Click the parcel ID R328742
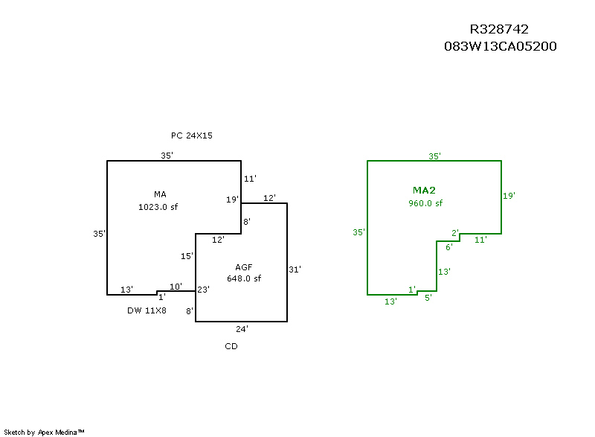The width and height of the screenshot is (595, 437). (499, 29)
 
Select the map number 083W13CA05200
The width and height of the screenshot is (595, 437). (500, 46)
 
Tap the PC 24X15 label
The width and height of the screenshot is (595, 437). (192, 135)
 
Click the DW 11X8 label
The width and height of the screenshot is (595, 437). (147, 310)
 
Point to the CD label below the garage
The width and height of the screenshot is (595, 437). (231, 346)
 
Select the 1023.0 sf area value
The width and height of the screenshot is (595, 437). (158, 207)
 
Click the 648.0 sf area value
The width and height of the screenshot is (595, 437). (244, 278)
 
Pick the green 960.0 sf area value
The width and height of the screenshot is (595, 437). (425, 203)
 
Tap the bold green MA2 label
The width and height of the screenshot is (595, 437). (424, 191)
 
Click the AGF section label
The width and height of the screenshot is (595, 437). (244, 267)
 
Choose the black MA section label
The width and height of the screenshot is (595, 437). (160, 194)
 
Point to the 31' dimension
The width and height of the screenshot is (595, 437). (295, 269)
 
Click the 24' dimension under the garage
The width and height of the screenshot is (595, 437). (242, 329)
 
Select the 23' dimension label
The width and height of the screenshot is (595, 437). (203, 290)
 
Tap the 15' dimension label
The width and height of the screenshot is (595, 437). (187, 256)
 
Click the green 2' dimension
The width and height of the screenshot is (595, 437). (455, 233)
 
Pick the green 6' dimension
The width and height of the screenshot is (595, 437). (449, 248)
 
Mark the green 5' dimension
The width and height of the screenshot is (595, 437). (428, 298)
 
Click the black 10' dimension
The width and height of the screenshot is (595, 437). (176, 287)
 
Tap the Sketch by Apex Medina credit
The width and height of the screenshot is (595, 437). (44, 432)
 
